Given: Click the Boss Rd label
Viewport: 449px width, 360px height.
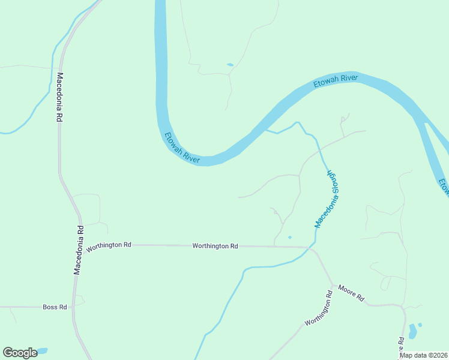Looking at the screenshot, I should tap(54, 307).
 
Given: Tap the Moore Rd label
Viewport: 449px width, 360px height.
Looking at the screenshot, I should tap(351, 293).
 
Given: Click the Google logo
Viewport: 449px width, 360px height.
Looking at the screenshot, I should tap(20, 352).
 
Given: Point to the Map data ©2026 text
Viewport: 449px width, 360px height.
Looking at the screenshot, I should tap(423, 355).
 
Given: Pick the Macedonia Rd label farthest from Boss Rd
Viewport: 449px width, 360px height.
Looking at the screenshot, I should tap(59, 98).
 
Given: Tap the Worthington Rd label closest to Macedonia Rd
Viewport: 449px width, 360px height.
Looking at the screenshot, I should tap(109, 245).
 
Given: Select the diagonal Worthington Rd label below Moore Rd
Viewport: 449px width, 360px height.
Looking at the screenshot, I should tap(319, 310).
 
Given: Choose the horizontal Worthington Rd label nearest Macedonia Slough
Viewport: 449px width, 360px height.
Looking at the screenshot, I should tap(215, 246).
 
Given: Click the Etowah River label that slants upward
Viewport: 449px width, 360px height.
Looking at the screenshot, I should tap(336, 82).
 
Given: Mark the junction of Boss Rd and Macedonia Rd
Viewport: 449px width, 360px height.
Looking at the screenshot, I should tap(73, 307).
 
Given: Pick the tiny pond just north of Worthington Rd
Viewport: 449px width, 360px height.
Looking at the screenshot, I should tap(290, 237).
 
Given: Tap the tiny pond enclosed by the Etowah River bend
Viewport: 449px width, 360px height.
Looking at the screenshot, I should tap(230, 64).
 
